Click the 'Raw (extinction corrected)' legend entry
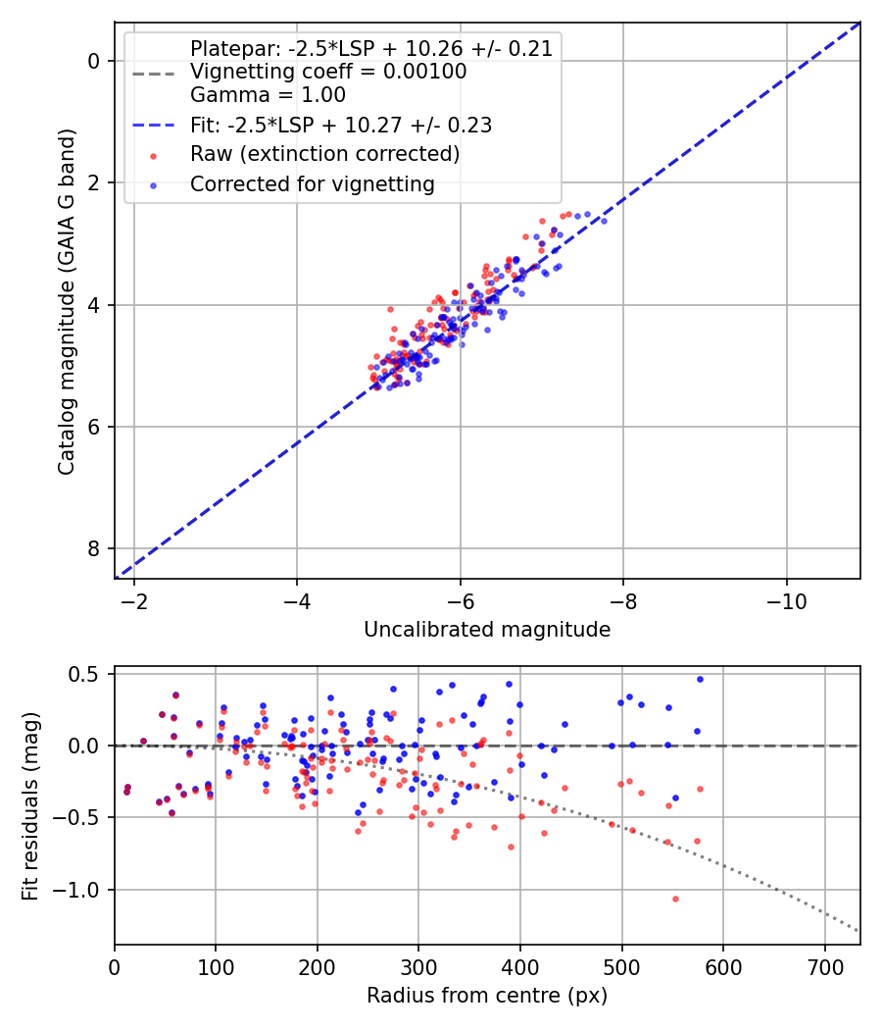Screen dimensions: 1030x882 point(324,154)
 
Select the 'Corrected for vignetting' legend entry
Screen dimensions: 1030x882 point(311,183)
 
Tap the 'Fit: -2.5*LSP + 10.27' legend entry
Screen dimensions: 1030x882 point(340,125)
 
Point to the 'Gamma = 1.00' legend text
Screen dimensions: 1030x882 point(268,95)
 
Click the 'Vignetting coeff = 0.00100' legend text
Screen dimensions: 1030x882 point(328,72)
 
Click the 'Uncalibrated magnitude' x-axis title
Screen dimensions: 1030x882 point(487,630)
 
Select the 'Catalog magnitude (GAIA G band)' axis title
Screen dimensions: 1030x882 point(66,299)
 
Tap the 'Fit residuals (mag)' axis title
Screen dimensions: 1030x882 point(30,804)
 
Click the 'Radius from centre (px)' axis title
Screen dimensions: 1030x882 point(487,996)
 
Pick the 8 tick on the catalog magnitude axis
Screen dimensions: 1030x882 point(94,548)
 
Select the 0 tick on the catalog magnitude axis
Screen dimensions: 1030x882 point(94,61)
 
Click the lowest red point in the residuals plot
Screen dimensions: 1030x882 point(675,899)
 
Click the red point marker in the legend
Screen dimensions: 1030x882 point(153,155)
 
